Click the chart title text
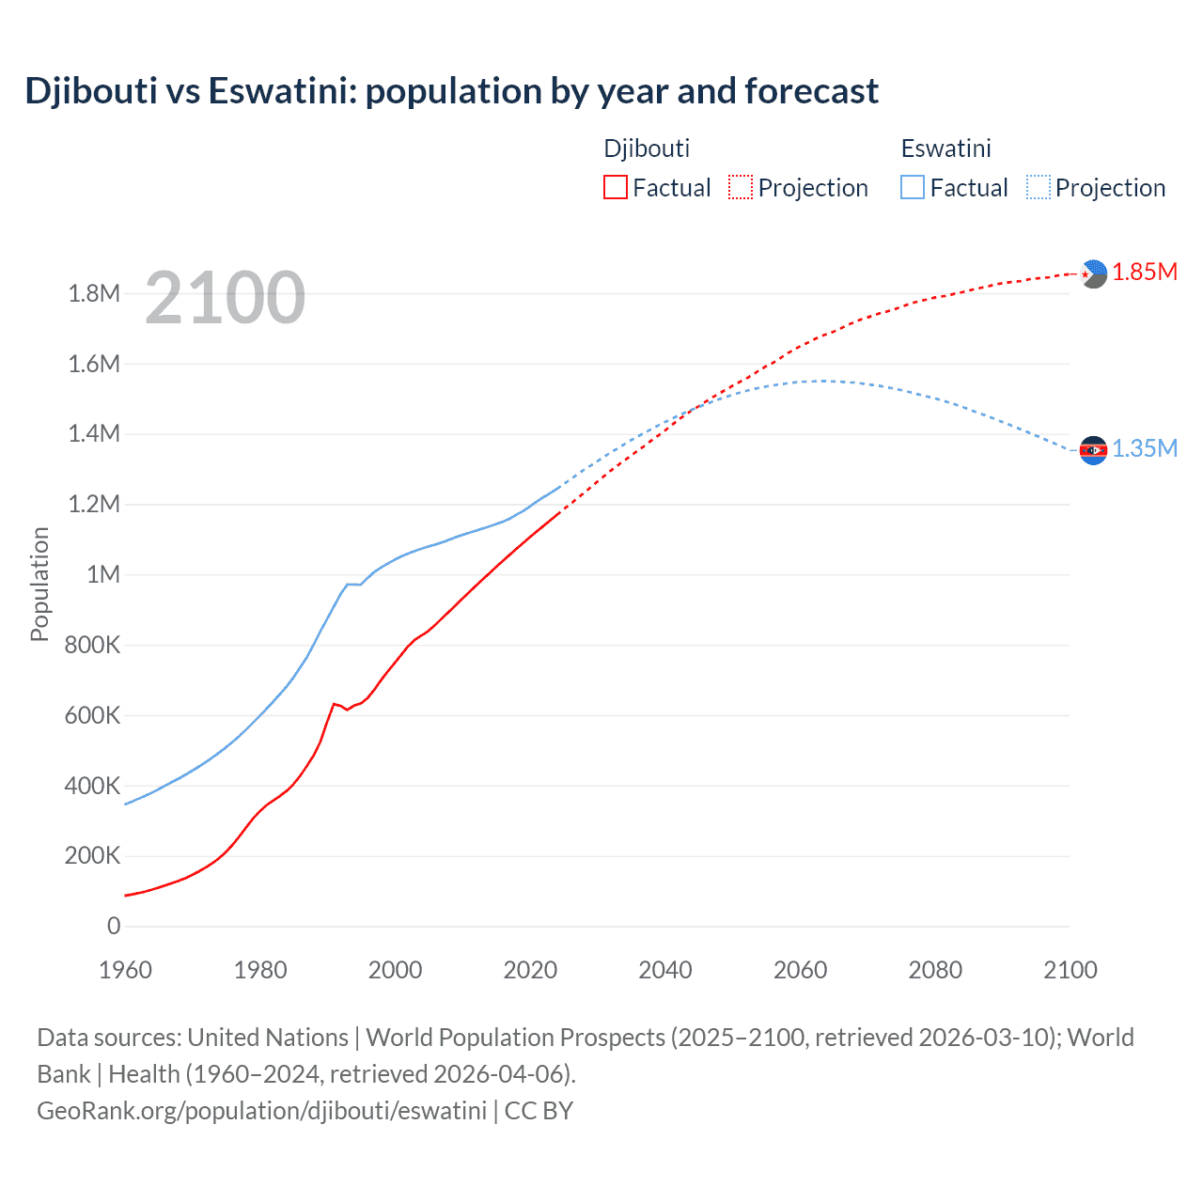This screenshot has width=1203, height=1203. click(x=451, y=91)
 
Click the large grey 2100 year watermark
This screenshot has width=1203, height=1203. click(x=225, y=298)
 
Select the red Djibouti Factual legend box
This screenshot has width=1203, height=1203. click(x=615, y=187)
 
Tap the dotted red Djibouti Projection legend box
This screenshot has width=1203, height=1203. click(x=741, y=187)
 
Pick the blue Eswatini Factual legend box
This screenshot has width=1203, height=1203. click(x=912, y=187)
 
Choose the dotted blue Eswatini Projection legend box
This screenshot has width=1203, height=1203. click(x=1038, y=187)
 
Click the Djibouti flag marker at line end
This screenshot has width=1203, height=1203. click(x=1093, y=273)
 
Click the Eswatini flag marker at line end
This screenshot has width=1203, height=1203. click(x=1093, y=450)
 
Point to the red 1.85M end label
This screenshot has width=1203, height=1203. click(x=1145, y=273)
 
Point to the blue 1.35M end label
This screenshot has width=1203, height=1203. click(x=1145, y=449)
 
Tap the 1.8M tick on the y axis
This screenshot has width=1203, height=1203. click(x=94, y=293)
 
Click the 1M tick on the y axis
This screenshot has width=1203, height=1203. click(x=103, y=574)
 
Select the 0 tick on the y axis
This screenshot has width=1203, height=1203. click(x=114, y=926)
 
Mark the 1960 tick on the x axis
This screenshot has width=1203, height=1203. click(x=125, y=970)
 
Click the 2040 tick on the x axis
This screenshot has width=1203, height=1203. click(x=665, y=970)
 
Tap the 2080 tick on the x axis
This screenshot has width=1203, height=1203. click(x=935, y=970)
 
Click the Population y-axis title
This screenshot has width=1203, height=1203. click(x=39, y=584)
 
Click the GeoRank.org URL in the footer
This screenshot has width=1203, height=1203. click(x=261, y=1111)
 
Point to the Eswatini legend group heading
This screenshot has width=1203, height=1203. click(x=945, y=148)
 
